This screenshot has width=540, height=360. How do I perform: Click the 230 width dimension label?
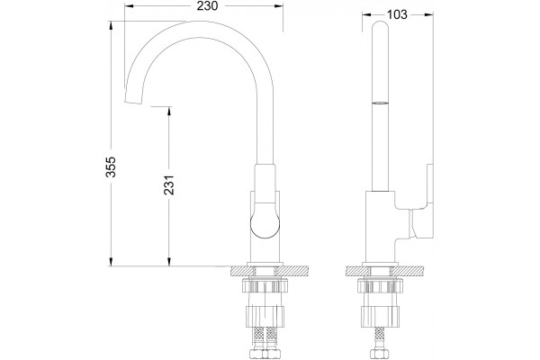pyautogui.click(x=207, y=6)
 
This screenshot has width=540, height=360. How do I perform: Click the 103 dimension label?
pyautogui.click(x=397, y=14)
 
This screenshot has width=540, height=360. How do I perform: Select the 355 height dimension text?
pyautogui.click(x=111, y=167)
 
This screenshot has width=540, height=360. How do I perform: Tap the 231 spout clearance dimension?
pyautogui.click(x=169, y=185)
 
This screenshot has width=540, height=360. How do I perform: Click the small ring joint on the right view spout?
pyautogui.click(x=381, y=103)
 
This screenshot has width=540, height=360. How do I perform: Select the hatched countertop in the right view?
pyautogui.click(x=381, y=271)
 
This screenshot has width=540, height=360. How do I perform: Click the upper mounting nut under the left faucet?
pyautogui.click(x=265, y=285)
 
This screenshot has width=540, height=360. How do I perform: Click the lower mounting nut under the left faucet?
pyautogui.click(x=265, y=316)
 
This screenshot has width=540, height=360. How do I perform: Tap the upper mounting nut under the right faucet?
pyautogui.click(x=381, y=285)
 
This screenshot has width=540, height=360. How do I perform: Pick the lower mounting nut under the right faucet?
pyautogui.click(x=381, y=316)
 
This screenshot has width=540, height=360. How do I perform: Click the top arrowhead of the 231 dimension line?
pyautogui.click(x=169, y=111)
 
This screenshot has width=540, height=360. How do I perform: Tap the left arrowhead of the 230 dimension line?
pyautogui.click(x=129, y=6)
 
